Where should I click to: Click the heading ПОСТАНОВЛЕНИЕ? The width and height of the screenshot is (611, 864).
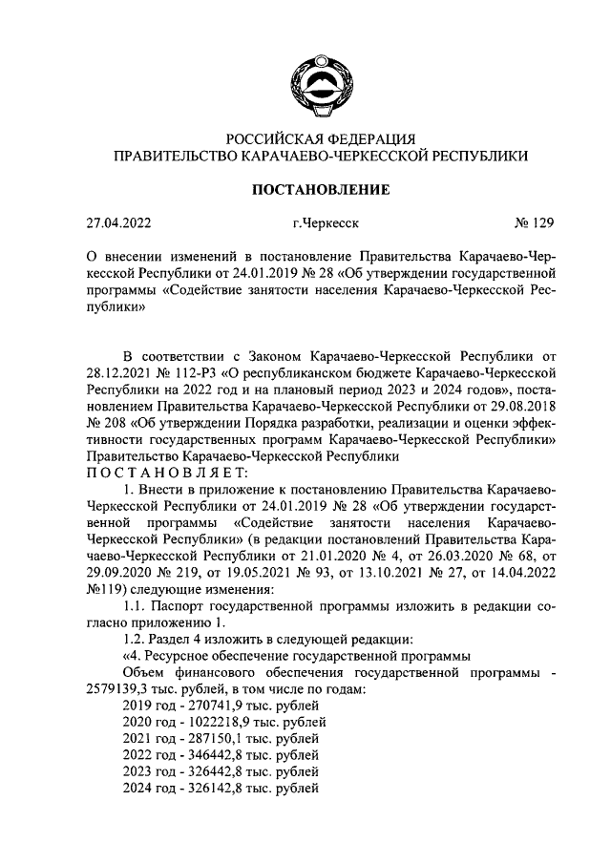(320, 190)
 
